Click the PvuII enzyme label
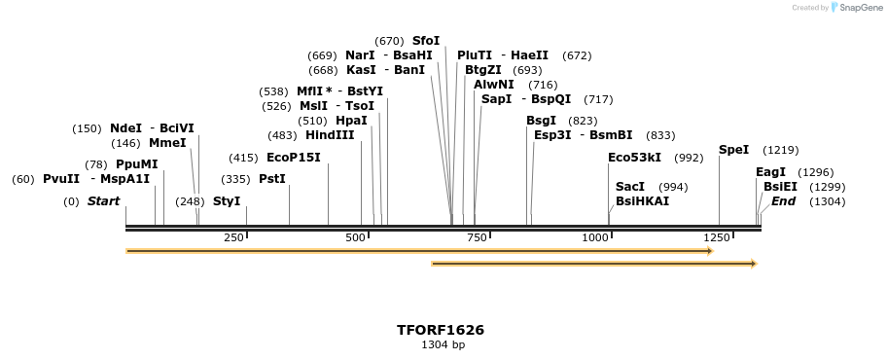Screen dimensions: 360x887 pyautogui.click(x=61, y=179)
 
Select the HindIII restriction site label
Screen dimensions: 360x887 pyautogui.click(x=330, y=135)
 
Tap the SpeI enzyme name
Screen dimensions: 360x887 pyautogui.click(x=733, y=150)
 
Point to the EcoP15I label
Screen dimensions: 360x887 pyautogui.click(x=293, y=158)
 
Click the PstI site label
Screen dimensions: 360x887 pyautogui.click(x=272, y=179)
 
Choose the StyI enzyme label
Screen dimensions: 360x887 pyautogui.click(x=227, y=201)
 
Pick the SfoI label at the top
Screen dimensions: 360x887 pyautogui.click(x=426, y=41)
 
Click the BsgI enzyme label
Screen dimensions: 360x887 pyautogui.click(x=541, y=121)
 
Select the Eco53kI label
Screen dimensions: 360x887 pyautogui.click(x=634, y=158)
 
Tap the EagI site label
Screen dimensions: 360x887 pyautogui.click(x=770, y=172)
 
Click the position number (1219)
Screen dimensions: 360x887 pyautogui.click(x=780, y=150)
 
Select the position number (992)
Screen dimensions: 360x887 pyautogui.click(x=689, y=158)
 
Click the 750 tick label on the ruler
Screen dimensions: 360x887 pyautogui.click(x=477, y=238)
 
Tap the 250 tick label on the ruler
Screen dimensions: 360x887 pyautogui.click(x=233, y=238)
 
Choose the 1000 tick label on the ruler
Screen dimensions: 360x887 pyautogui.click(x=595, y=238)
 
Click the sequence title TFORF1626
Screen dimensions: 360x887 pyautogui.click(x=441, y=330)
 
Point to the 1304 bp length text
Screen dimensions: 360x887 pyautogui.click(x=443, y=345)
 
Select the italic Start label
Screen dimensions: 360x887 pyautogui.click(x=103, y=201)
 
